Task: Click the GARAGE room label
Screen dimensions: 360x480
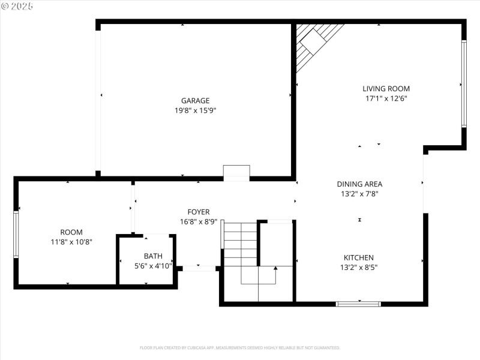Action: tap(196, 101)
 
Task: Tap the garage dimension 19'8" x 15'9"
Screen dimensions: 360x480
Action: tap(196, 110)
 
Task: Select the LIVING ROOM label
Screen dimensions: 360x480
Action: tap(386, 89)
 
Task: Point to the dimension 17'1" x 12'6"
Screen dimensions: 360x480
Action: tap(386, 98)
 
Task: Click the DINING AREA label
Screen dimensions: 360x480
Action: tap(359, 184)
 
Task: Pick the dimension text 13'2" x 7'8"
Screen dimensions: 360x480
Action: tap(359, 194)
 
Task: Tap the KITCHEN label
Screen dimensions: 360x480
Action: tap(359, 257)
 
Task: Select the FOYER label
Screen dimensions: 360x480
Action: tap(199, 212)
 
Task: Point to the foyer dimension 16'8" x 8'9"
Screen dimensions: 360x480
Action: tap(199, 221)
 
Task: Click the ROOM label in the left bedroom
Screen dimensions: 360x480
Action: tap(71, 232)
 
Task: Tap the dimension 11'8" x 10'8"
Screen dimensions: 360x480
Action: tap(71, 242)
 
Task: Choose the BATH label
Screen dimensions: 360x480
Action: tap(153, 256)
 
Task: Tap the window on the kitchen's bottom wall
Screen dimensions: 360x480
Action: tap(358, 304)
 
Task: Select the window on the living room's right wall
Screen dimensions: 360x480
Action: tap(463, 83)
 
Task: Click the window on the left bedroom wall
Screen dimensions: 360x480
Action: tap(16, 234)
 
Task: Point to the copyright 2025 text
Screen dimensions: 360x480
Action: tap(17, 6)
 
